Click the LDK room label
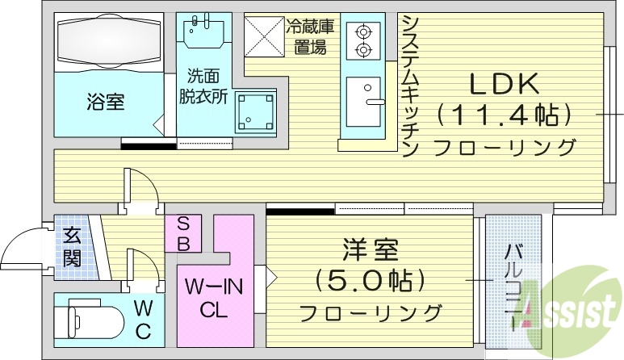[x=505, y=84]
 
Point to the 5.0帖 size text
[x=367, y=281]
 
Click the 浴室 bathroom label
[x=106, y=103]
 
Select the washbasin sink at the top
[x=204, y=33]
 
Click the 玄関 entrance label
[x=72, y=248]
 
